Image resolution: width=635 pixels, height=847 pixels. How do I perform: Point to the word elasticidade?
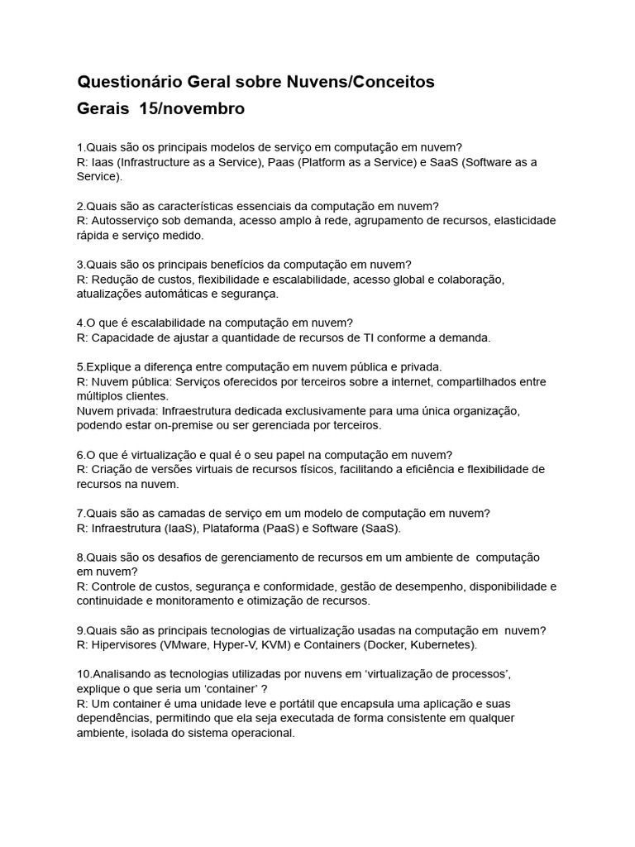point(518,221)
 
